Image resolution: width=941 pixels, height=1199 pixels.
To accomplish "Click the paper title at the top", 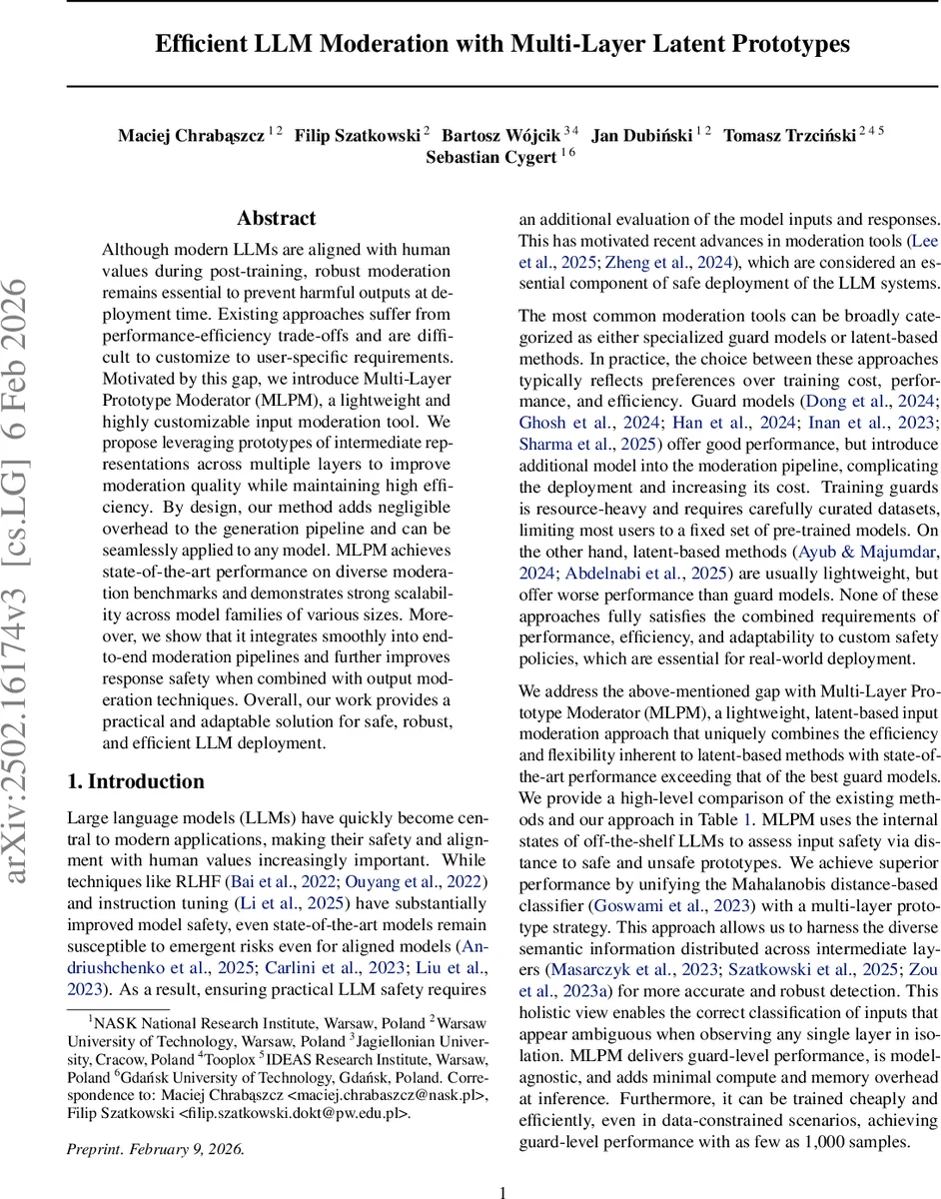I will tap(501, 44).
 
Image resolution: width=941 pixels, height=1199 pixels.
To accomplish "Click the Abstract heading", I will tap(276, 218).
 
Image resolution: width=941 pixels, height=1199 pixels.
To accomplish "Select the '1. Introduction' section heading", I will tap(135, 781).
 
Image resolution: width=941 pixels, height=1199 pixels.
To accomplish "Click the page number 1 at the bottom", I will tap(502, 1191).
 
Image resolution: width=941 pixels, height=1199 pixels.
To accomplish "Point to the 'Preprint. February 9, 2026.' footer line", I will tap(155, 1149).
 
